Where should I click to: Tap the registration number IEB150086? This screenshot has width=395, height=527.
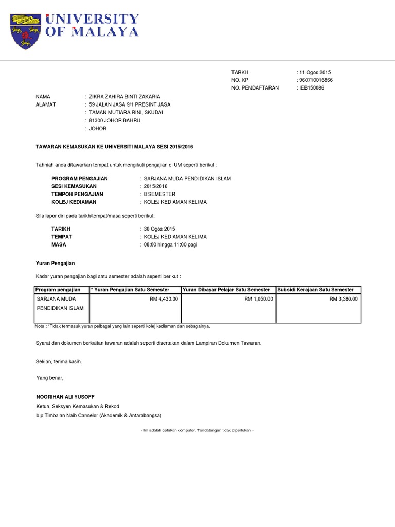[x=312, y=88]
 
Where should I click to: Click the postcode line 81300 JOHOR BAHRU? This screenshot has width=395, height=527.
[x=115, y=120]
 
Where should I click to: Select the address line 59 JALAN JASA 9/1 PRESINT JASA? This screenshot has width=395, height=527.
[x=130, y=104]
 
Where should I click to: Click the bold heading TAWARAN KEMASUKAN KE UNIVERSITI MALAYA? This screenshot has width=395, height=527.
[x=114, y=147]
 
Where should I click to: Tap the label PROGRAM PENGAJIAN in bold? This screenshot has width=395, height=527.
[x=79, y=179]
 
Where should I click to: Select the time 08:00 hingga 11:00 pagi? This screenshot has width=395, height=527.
[x=170, y=244]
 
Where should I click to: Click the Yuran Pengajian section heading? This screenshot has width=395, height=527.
[x=55, y=263]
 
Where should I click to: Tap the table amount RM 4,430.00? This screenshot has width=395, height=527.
[x=164, y=298]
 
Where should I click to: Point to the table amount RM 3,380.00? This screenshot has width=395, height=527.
[x=344, y=298]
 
